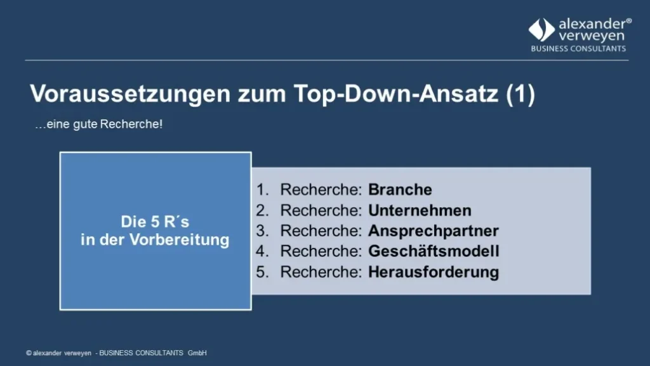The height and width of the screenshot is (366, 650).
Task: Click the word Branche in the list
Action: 400,190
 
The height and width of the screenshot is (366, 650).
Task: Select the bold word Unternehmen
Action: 420,210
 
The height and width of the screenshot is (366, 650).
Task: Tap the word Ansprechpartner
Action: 434,231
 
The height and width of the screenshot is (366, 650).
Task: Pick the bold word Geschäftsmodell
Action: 434,251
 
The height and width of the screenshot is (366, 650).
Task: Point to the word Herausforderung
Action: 434,272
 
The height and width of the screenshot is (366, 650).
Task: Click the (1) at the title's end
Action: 520,94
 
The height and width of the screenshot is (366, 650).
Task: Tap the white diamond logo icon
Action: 541,30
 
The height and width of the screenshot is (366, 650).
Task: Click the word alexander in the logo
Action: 592,25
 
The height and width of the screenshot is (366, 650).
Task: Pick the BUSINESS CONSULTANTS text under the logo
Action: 578,49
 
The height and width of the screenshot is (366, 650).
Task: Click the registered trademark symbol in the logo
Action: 628,21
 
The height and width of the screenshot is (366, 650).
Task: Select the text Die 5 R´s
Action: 156,222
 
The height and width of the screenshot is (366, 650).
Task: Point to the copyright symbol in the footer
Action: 29,353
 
